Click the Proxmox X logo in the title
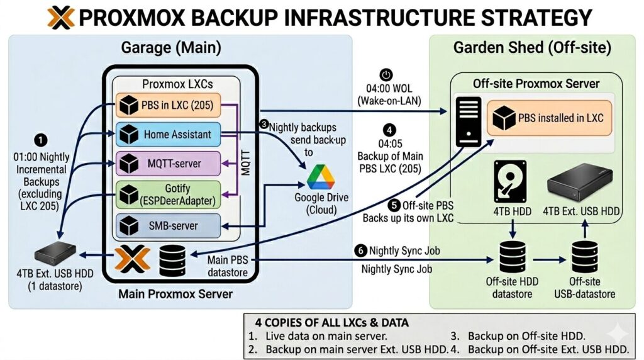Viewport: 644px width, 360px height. pyautogui.click(x=61, y=17)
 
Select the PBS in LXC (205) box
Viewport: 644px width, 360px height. pyautogui.click(x=168, y=104)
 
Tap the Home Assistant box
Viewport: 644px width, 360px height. pyautogui.click(x=168, y=134)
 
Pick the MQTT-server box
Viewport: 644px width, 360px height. pyautogui.click(x=168, y=164)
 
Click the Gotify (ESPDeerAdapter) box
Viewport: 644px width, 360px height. pyautogui.click(x=168, y=194)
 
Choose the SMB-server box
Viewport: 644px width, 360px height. pyautogui.click(x=168, y=225)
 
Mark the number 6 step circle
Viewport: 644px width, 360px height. pyautogui.click(x=360, y=250)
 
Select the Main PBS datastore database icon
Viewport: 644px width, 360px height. pyautogui.click(x=172, y=258)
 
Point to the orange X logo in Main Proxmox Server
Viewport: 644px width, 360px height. pyautogui.click(x=132, y=259)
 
